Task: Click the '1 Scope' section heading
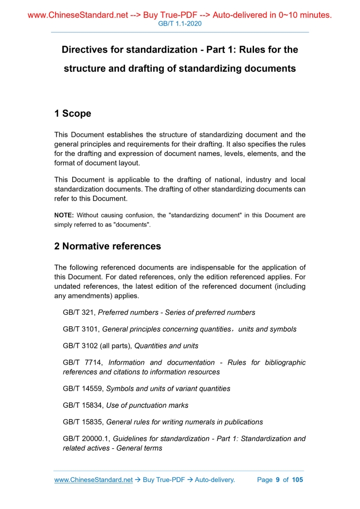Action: pyautogui.click(x=73, y=113)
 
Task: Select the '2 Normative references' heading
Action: pyautogui.click(x=108, y=246)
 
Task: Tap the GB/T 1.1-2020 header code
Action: pyautogui.click(x=179, y=24)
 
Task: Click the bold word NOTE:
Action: pyautogui.click(x=64, y=215)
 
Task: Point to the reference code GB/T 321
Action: pyautogui.click(x=79, y=313)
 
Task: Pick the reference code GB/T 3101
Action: pyautogui.click(x=81, y=329)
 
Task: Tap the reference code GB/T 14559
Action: pyautogui.click(x=83, y=389)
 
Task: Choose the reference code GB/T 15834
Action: pyautogui.click(x=83, y=405)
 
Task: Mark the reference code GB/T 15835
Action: pyautogui.click(x=83, y=422)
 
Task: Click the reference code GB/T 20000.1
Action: pyautogui.click(x=86, y=439)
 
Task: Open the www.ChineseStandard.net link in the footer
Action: pyautogui.click(x=94, y=480)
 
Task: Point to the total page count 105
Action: pyautogui.click(x=297, y=480)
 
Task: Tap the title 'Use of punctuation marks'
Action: pyautogui.click(x=147, y=405)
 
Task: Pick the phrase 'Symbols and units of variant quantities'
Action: pyautogui.click(x=168, y=389)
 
